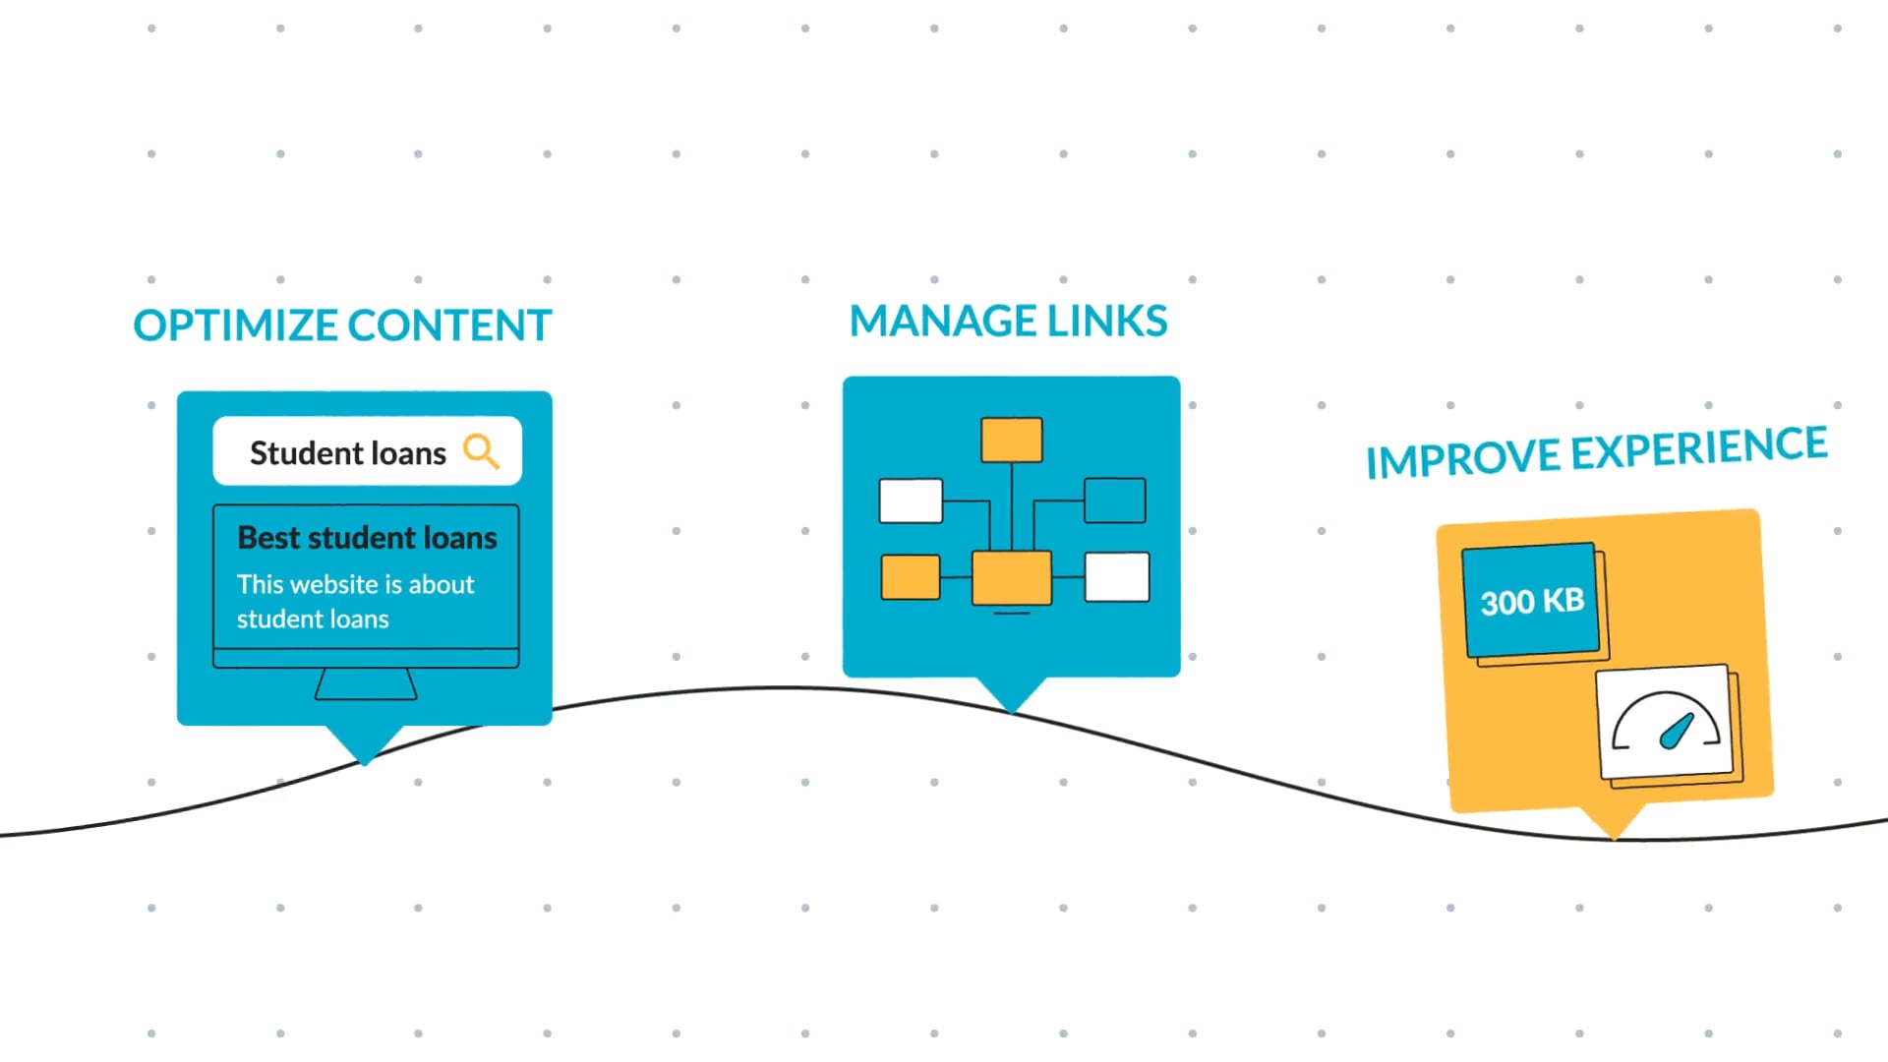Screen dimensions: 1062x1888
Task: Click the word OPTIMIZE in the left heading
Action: [x=235, y=325]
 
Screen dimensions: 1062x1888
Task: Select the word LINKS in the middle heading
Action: [x=1106, y=322]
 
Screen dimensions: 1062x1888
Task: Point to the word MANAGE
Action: [x=942, y=322]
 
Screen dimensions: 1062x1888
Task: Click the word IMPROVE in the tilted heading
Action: [x=1463, y=459]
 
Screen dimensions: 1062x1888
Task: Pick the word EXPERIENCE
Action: [x=1698, y=448]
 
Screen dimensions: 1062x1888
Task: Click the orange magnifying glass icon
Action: [x=481, y=451]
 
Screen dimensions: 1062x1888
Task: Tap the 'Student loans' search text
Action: [x=347, y=453]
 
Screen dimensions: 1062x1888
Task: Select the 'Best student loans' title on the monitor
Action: [x=367, y=538]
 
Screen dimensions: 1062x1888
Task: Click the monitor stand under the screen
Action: [x=366, y=684]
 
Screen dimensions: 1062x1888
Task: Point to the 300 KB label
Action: [x=1532, y=601]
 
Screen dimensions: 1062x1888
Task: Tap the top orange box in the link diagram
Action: [x=1011, y=440]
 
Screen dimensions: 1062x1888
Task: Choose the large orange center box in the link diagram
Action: [x=1011, y=577]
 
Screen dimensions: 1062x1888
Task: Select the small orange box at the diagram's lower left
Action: [x=910, y=577]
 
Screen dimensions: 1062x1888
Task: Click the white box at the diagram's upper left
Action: [x=911, y=501]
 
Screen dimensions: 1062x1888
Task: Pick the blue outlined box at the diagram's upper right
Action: [x=1114, y=501]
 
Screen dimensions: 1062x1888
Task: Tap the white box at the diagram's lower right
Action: [x=1116, y=577]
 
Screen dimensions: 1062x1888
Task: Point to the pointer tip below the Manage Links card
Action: [x=1011, y=708]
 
